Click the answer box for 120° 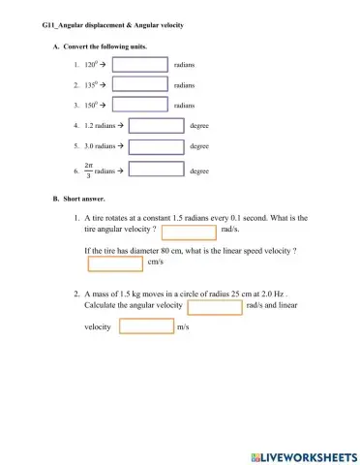[140, 64]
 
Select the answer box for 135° [140, 84]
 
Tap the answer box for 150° [140, 105]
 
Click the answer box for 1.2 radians [156, 125]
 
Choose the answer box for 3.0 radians [156, 146]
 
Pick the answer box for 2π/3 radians [156, 170]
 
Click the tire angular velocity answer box [189, 232]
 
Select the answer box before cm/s [114, 263]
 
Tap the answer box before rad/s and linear [214, 306]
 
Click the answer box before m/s [145, 326]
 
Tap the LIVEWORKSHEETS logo [303, 453]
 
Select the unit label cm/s [156, 263]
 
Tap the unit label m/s [183, 327]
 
